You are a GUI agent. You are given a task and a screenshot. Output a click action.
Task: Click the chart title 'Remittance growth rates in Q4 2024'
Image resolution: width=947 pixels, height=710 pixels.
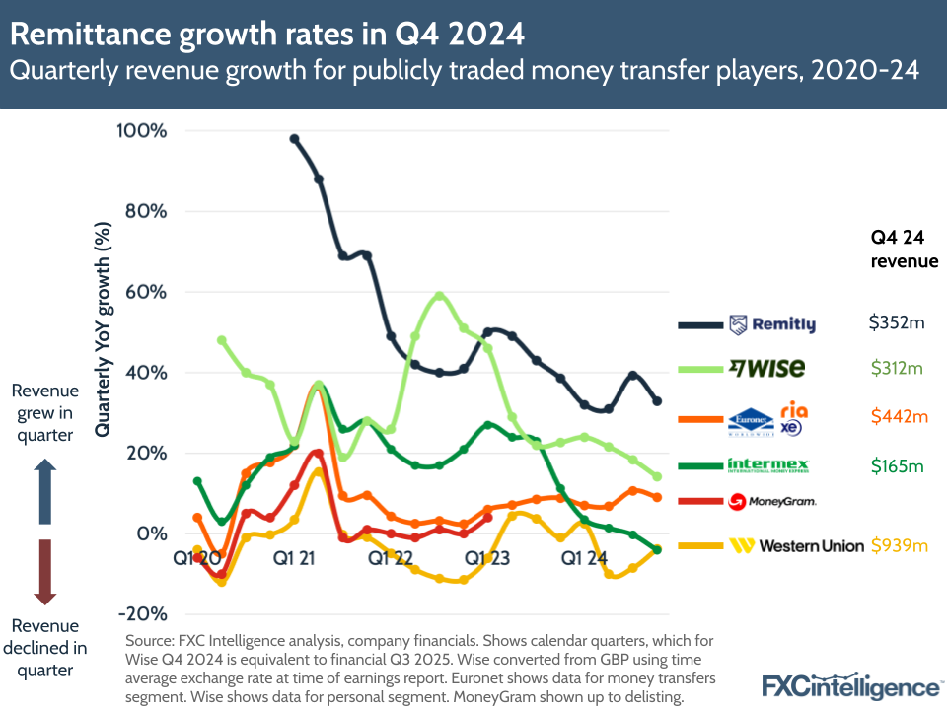coord(266,35)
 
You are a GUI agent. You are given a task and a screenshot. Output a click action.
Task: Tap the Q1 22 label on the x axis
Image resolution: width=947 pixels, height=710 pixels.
coord(390,558)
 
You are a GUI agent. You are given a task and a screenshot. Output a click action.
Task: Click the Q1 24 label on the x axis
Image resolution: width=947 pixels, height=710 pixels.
coord(584,558)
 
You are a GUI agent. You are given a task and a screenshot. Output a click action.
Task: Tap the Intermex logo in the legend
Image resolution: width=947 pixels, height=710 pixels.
coord(767,464)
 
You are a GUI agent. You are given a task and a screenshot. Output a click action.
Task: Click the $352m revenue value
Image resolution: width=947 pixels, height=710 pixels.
coord(895,322)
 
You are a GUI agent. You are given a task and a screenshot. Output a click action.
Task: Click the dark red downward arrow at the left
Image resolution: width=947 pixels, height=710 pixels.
coord(44,572)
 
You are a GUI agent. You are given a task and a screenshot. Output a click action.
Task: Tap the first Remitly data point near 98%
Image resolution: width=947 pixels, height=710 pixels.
coord(294,139)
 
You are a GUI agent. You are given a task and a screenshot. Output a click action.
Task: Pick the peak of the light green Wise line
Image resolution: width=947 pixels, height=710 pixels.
coord(439,295)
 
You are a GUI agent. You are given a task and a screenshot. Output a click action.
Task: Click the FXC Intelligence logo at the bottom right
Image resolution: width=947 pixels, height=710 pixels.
coord(851,685)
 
